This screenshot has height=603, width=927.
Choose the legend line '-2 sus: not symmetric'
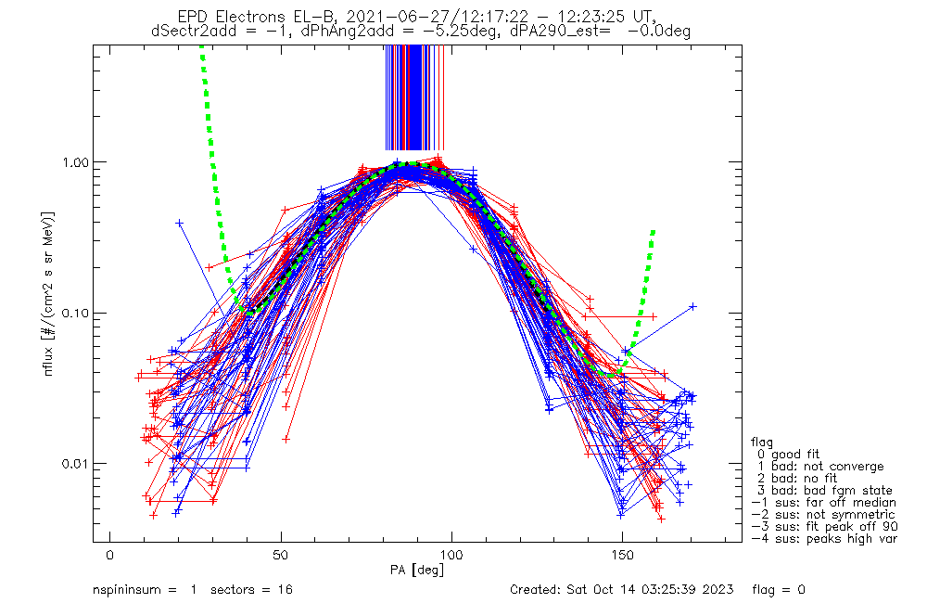[823, 514]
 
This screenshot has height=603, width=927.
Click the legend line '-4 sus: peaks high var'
[824, 538]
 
